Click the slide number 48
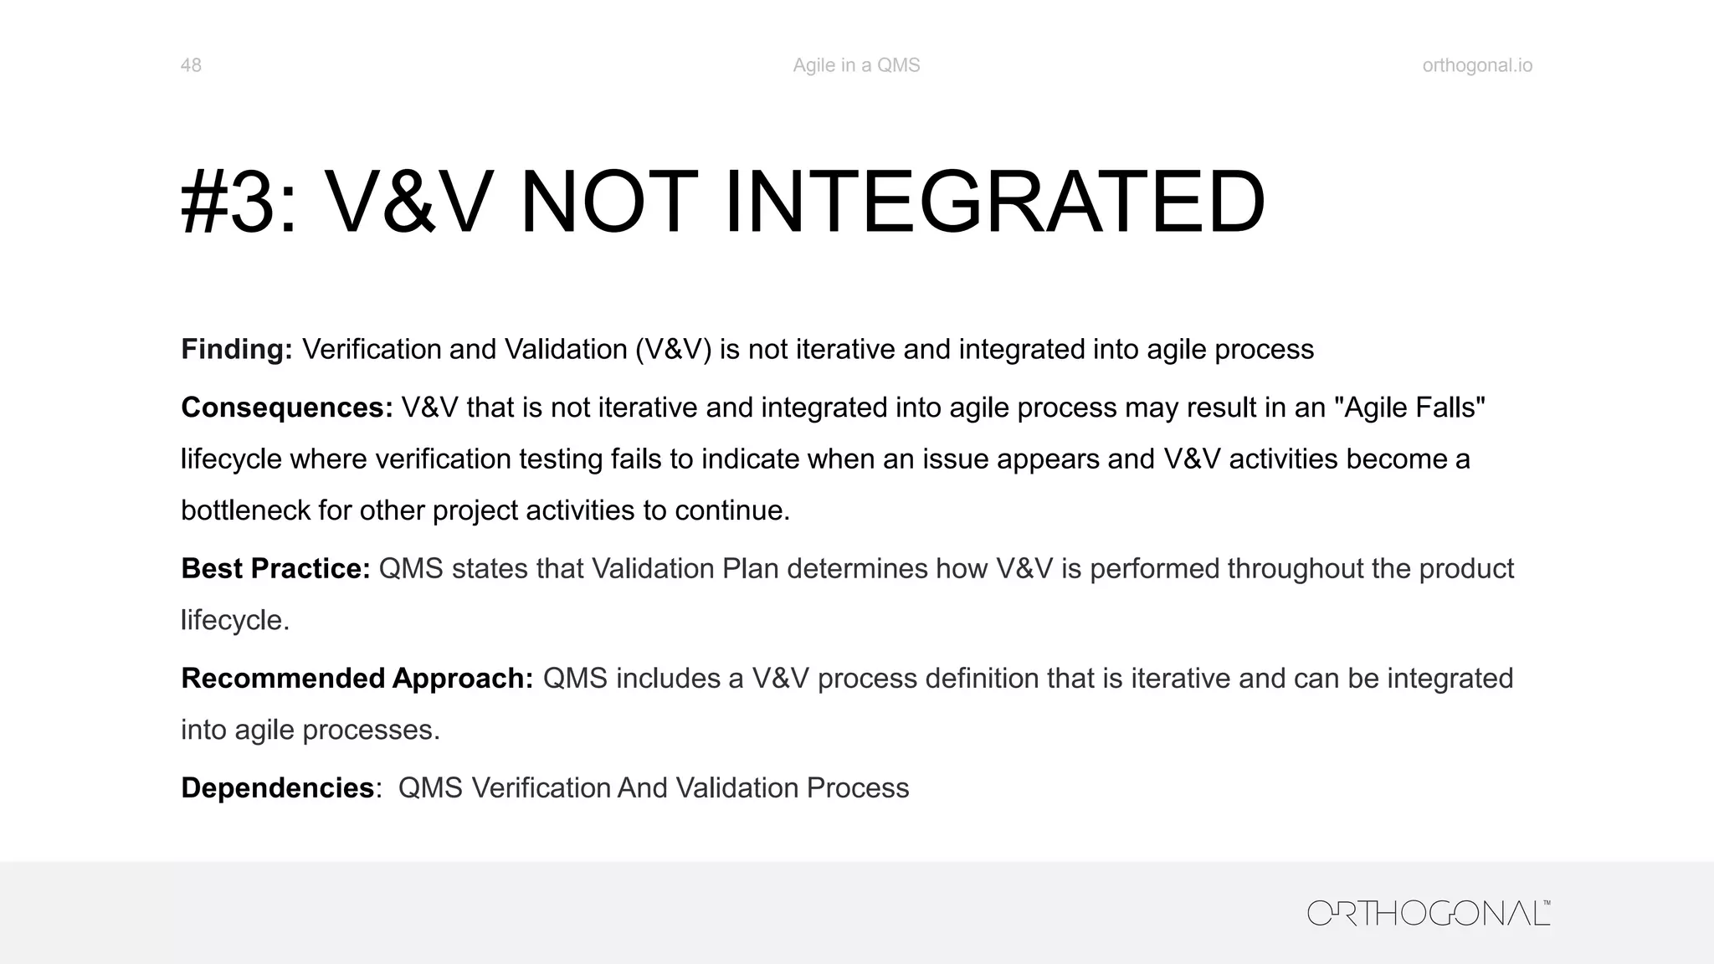click(191, 65)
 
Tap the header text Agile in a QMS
click(856, 65)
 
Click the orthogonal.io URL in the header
click(1477, 65)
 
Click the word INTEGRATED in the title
click(994, 203)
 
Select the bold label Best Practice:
click(275, 569)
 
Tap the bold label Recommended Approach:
click(357, 679)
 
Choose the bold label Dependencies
click(277, 788)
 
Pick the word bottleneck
click(245, 510)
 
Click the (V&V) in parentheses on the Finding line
click(673, 349)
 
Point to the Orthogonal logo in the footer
click(1429, 913)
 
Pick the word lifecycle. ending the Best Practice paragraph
click(235, 620)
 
